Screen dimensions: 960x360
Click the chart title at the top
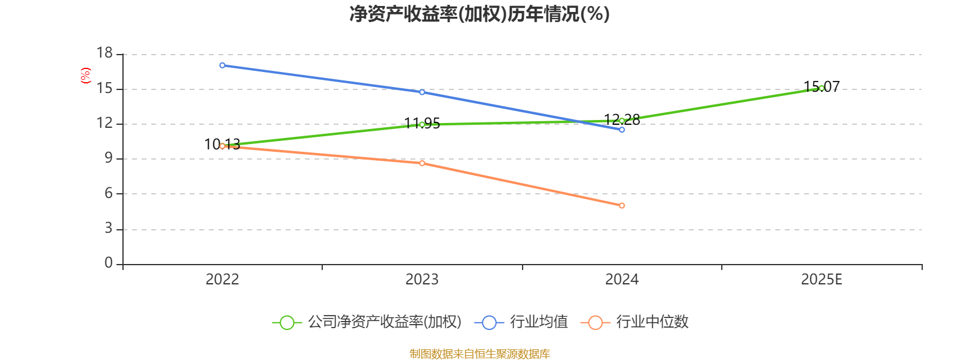click(x=479, y=14)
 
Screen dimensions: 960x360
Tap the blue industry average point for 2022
click(x=223, y=65)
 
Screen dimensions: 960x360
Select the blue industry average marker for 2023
click(x=422, y=92)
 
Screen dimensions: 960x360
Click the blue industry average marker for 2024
click(x=622, y=130)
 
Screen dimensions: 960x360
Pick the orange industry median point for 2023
click(x=422, y=163)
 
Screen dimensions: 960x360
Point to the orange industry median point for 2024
click(x=622, y=206)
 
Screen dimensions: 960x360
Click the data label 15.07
click(x=821, y=86)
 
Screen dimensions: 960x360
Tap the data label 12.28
click(x=622, y=119)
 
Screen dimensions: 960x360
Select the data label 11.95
click(x=422, y=124)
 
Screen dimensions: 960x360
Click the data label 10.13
click(x=222, y=144)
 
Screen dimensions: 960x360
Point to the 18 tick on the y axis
click(x=104, y=53)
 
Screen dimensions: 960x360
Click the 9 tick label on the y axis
click(x=109, y=158)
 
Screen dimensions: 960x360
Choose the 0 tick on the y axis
click(x=109, y=263)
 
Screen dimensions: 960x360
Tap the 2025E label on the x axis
click(x=821, y=280)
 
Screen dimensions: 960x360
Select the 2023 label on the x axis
click(x=422, y=280)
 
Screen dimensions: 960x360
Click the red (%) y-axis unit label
click(x=86, y=75)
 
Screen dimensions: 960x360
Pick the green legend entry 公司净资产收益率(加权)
click(x=367, y=322)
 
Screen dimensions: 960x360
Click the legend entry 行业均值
click(x=521, y=322)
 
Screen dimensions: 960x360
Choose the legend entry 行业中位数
click(x=635, y=322)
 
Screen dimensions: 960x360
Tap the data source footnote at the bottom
click(x=479, y=353)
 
